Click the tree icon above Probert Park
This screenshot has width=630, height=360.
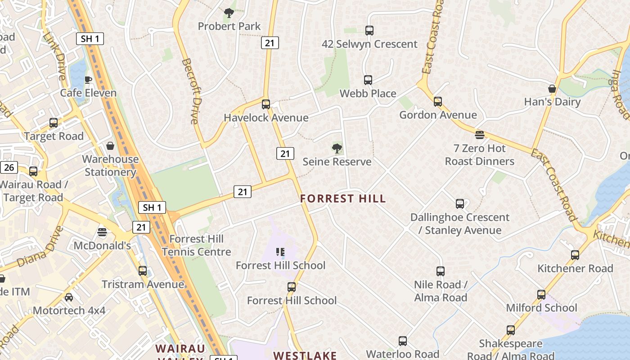229,13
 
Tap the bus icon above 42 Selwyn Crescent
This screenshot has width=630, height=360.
369,31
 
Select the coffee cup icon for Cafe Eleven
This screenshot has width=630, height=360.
88,80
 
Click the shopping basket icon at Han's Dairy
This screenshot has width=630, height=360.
552,89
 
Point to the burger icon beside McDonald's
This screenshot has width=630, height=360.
102,232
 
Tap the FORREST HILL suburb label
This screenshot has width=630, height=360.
343,198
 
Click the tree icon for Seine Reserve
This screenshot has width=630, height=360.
337,148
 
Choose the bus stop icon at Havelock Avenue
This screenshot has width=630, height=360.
266,104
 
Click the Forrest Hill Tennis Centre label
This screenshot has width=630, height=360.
196,245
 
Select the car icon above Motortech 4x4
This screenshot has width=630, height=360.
69,297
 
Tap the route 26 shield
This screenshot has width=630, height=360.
9,168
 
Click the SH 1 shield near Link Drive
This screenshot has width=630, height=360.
90,39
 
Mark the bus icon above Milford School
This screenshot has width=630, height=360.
541,295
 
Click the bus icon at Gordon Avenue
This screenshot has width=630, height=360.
438,102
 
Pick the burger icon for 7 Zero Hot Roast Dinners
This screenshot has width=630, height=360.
480,135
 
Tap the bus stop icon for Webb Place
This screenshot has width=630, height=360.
368,80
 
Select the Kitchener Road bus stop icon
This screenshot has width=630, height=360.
575,255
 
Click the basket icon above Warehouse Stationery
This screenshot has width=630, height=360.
110,146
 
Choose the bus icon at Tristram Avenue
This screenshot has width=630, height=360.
143,271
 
